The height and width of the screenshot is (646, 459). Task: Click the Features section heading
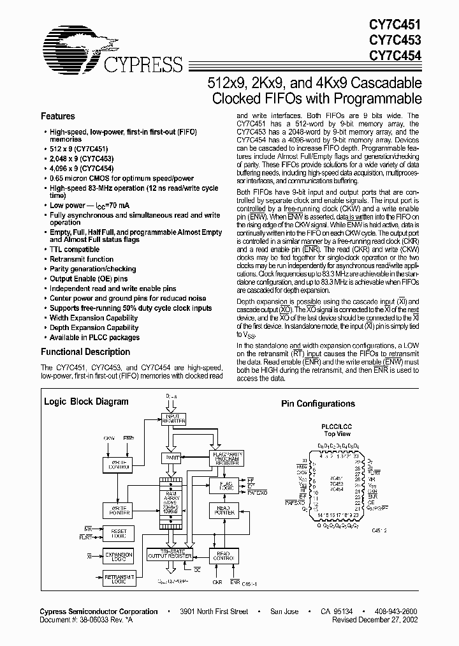tap(58, 117)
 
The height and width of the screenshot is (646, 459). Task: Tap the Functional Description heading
tap(85, 352)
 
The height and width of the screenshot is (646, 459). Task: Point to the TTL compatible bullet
tap(75, 250)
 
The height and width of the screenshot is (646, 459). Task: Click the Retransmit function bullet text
tap(82, 259)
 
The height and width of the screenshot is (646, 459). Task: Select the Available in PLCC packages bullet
tap(94, 338)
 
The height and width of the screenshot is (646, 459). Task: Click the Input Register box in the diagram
tap(175, 419)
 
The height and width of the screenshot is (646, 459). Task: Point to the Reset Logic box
tap(119, 534)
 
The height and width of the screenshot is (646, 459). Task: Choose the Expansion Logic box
tap(119, 557)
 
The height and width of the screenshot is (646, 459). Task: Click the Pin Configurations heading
tap(318, 404)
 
